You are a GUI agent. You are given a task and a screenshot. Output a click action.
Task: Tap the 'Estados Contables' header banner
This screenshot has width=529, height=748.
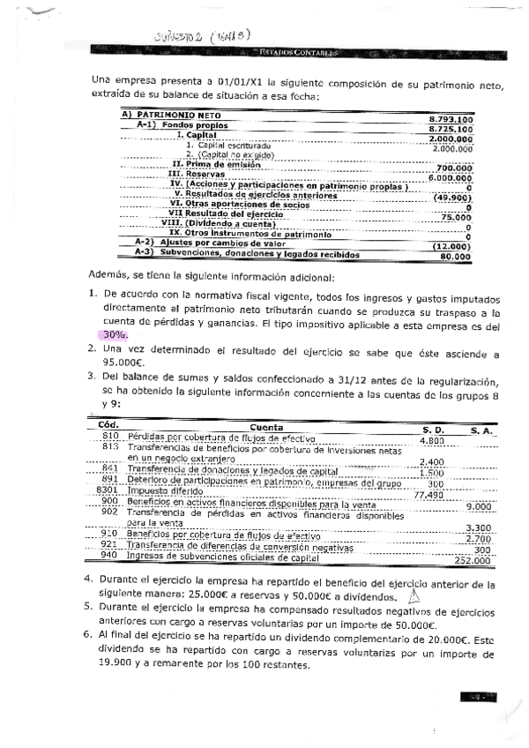pyautogui.click(x=294, y=54)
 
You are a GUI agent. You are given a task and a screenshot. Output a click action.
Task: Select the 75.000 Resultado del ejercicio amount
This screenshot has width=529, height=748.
pyautogui.click(x=457, y=216)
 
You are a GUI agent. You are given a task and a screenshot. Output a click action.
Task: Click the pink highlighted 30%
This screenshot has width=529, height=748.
pyautogui.click(x=115, y=335)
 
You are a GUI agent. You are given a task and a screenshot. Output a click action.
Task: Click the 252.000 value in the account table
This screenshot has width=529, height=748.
pyautogui.click(x=472, y=559)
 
